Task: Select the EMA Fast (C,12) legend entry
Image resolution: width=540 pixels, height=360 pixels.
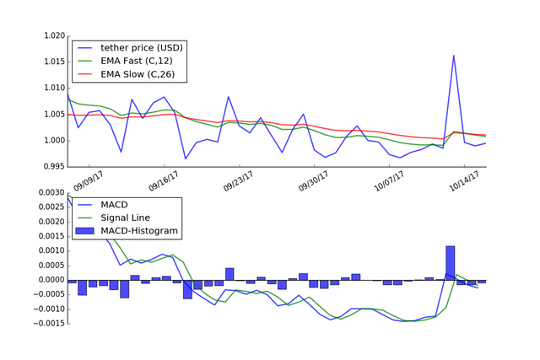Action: (138, 60)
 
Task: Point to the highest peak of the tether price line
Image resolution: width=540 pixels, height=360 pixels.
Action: (454, 56)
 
